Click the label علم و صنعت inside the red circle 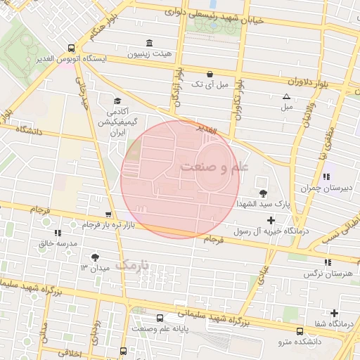click(214, 167)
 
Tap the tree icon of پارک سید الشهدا click(263, 193)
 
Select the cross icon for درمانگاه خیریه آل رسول click(271, 221)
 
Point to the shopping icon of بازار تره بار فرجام click(108, 214)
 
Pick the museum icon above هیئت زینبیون click(148, 42)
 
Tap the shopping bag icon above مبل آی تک click(210, 74)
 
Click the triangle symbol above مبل click(286, 96)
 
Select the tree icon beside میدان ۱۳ click(96, 257)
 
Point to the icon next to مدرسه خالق click(57, 232)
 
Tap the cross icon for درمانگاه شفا click(334, 313)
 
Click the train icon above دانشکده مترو click(300, 331)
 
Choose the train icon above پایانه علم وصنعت click(160, 318)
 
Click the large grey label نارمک click(132, 265)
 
